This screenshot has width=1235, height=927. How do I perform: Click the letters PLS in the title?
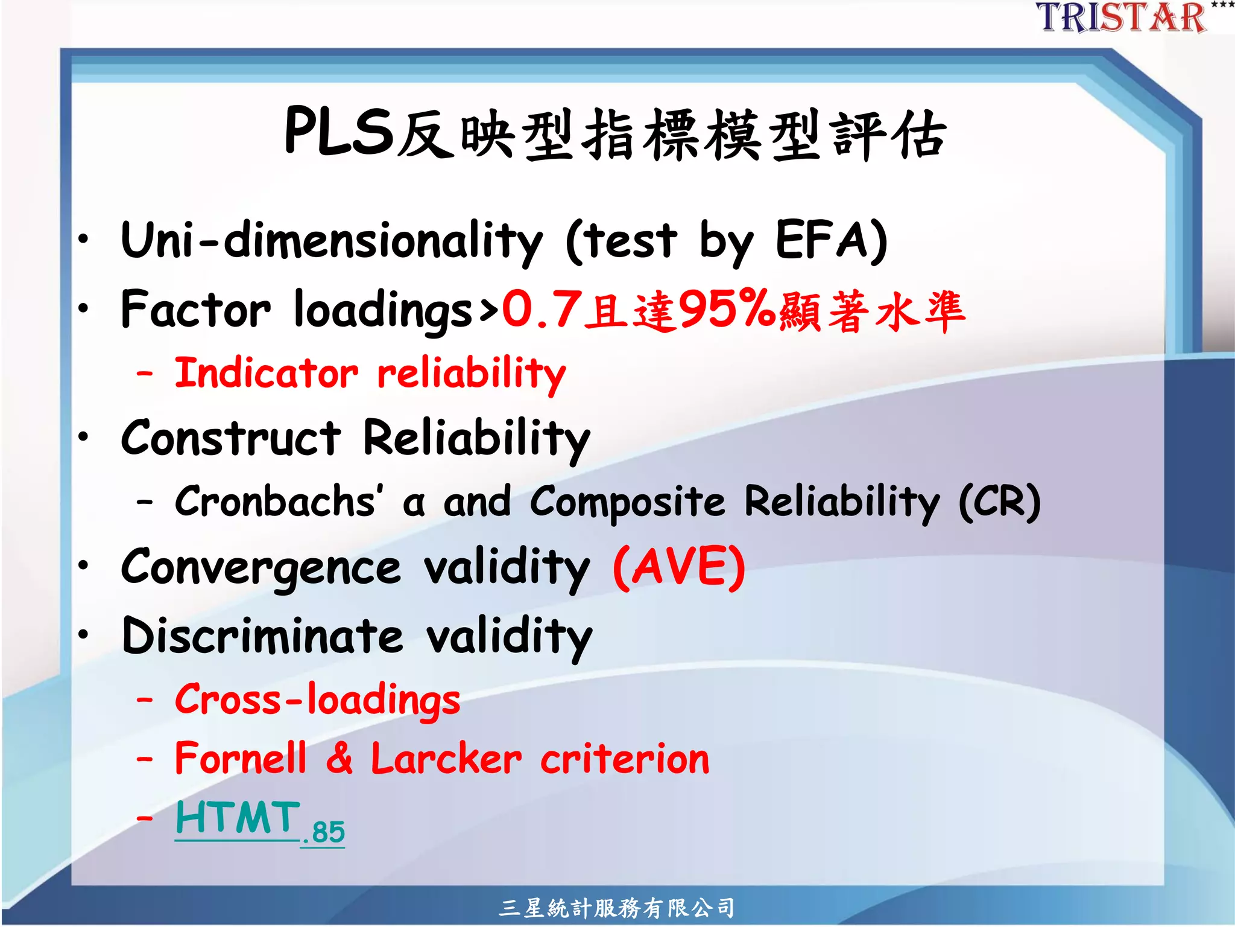(x=339, y=132)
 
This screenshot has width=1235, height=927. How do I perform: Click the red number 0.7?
(x=542, y=310)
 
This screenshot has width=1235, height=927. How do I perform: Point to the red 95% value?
(x=727, y=308)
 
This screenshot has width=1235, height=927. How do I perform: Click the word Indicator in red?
(x=266, y=373)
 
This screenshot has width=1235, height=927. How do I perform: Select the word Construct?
(x=231, y=439)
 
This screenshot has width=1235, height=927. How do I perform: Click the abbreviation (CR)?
(x=1000, y=502)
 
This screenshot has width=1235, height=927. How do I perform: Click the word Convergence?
(x=261, y=569)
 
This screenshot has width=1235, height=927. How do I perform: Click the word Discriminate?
(x=262, y=637)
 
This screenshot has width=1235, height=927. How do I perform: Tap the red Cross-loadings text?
(x=317, y=701)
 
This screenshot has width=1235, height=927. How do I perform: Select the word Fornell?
(x=241, y=759)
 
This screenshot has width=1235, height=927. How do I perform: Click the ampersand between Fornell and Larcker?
(x=340, y=759)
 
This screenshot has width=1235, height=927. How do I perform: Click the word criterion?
(x=625, y=760)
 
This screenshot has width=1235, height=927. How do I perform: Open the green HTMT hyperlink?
(x=238, y=819)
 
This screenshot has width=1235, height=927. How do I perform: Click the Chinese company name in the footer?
(x=616, y=908)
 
